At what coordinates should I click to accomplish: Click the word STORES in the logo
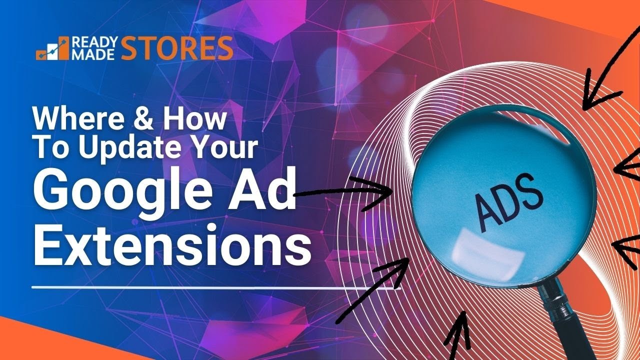pos(177,48)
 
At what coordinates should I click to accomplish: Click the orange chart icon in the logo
pos(52,48)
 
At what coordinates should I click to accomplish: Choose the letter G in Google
pos(52,192)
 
